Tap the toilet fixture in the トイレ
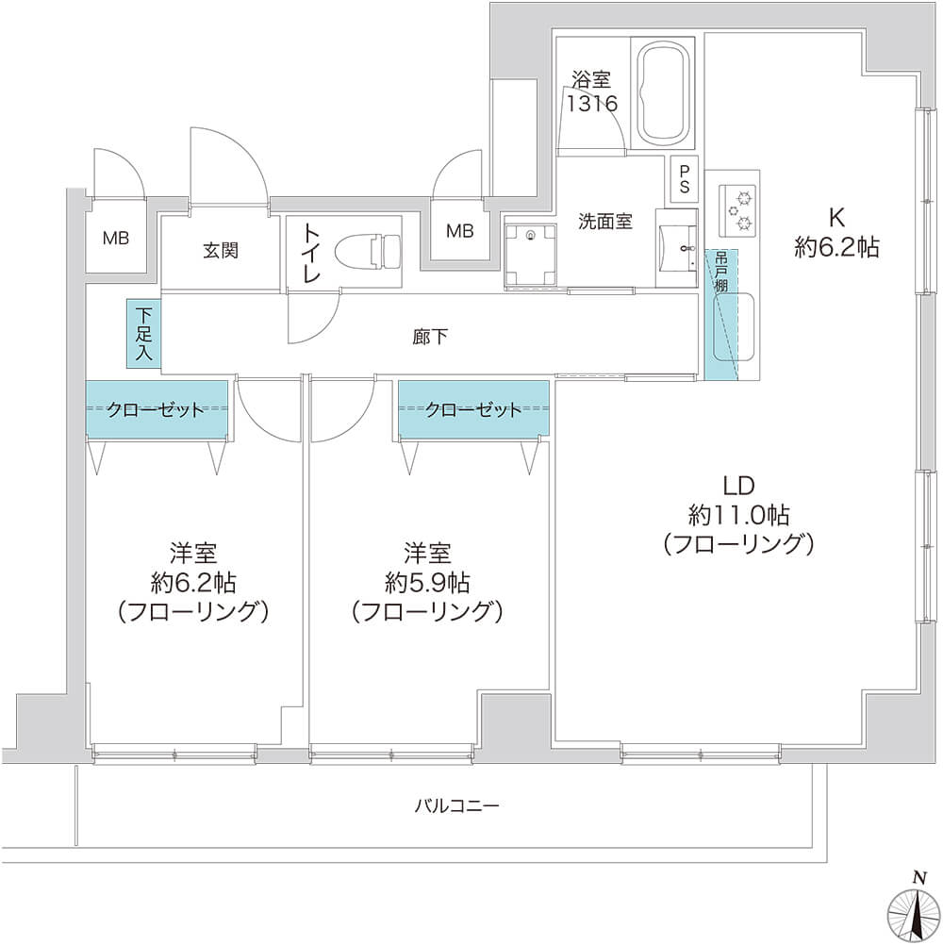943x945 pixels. (368, 251)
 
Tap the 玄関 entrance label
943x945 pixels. (221, 250)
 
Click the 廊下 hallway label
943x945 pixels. (430, 337)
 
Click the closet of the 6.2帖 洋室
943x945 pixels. (157, 410)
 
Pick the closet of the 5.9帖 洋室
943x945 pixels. (473, 410)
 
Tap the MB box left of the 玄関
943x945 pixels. (116, 238)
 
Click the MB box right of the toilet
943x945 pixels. (460, 229)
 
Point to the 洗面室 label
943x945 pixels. (605, 222)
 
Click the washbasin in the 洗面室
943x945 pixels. (678, 248)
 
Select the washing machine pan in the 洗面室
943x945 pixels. (530, 255)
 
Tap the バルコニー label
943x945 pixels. (456, 805)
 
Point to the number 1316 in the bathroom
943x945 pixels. (591, 104)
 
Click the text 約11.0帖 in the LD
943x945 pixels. (738, 516)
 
